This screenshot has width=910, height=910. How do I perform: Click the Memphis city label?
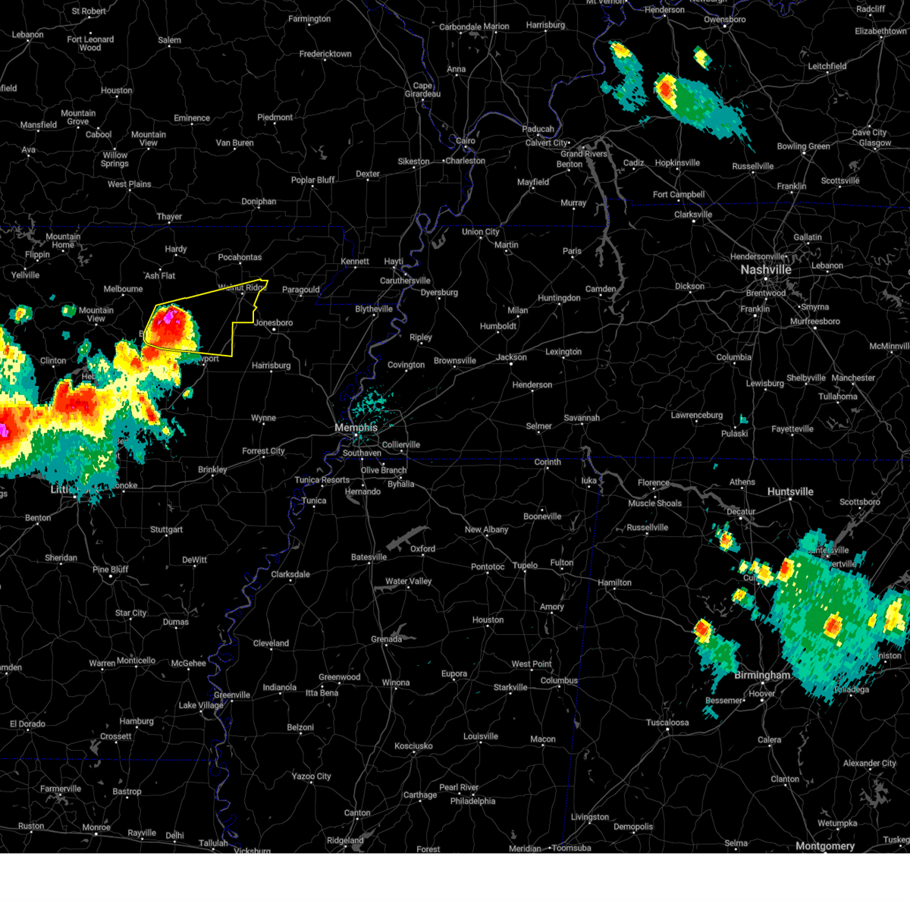coord(356,428)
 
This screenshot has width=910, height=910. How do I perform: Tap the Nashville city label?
coord(766,270)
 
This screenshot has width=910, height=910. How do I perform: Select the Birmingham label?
coord(762,675)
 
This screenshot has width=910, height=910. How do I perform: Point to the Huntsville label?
coord(790,491)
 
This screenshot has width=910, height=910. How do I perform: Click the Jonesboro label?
coord(274,323)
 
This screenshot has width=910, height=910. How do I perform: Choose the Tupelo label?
coord(525,565)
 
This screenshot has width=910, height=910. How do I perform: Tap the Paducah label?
coord(538,129)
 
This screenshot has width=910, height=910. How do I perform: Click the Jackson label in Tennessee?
coord(512,357)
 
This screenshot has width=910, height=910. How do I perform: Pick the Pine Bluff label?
coord(111,570)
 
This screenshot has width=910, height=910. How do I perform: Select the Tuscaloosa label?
coord(667,723)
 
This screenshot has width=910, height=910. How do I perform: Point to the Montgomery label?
coord(825,846)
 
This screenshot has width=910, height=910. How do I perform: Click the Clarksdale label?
coord(290,574)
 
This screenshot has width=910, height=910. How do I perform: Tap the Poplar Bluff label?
coord(313,180)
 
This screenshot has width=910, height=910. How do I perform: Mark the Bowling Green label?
coord(803,146)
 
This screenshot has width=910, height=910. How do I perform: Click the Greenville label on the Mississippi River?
coord(232,695)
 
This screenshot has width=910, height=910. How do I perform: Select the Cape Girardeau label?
coord(422,89)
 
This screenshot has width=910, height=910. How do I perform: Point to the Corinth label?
coord(548,462)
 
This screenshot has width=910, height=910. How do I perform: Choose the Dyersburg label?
coord(439,293)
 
